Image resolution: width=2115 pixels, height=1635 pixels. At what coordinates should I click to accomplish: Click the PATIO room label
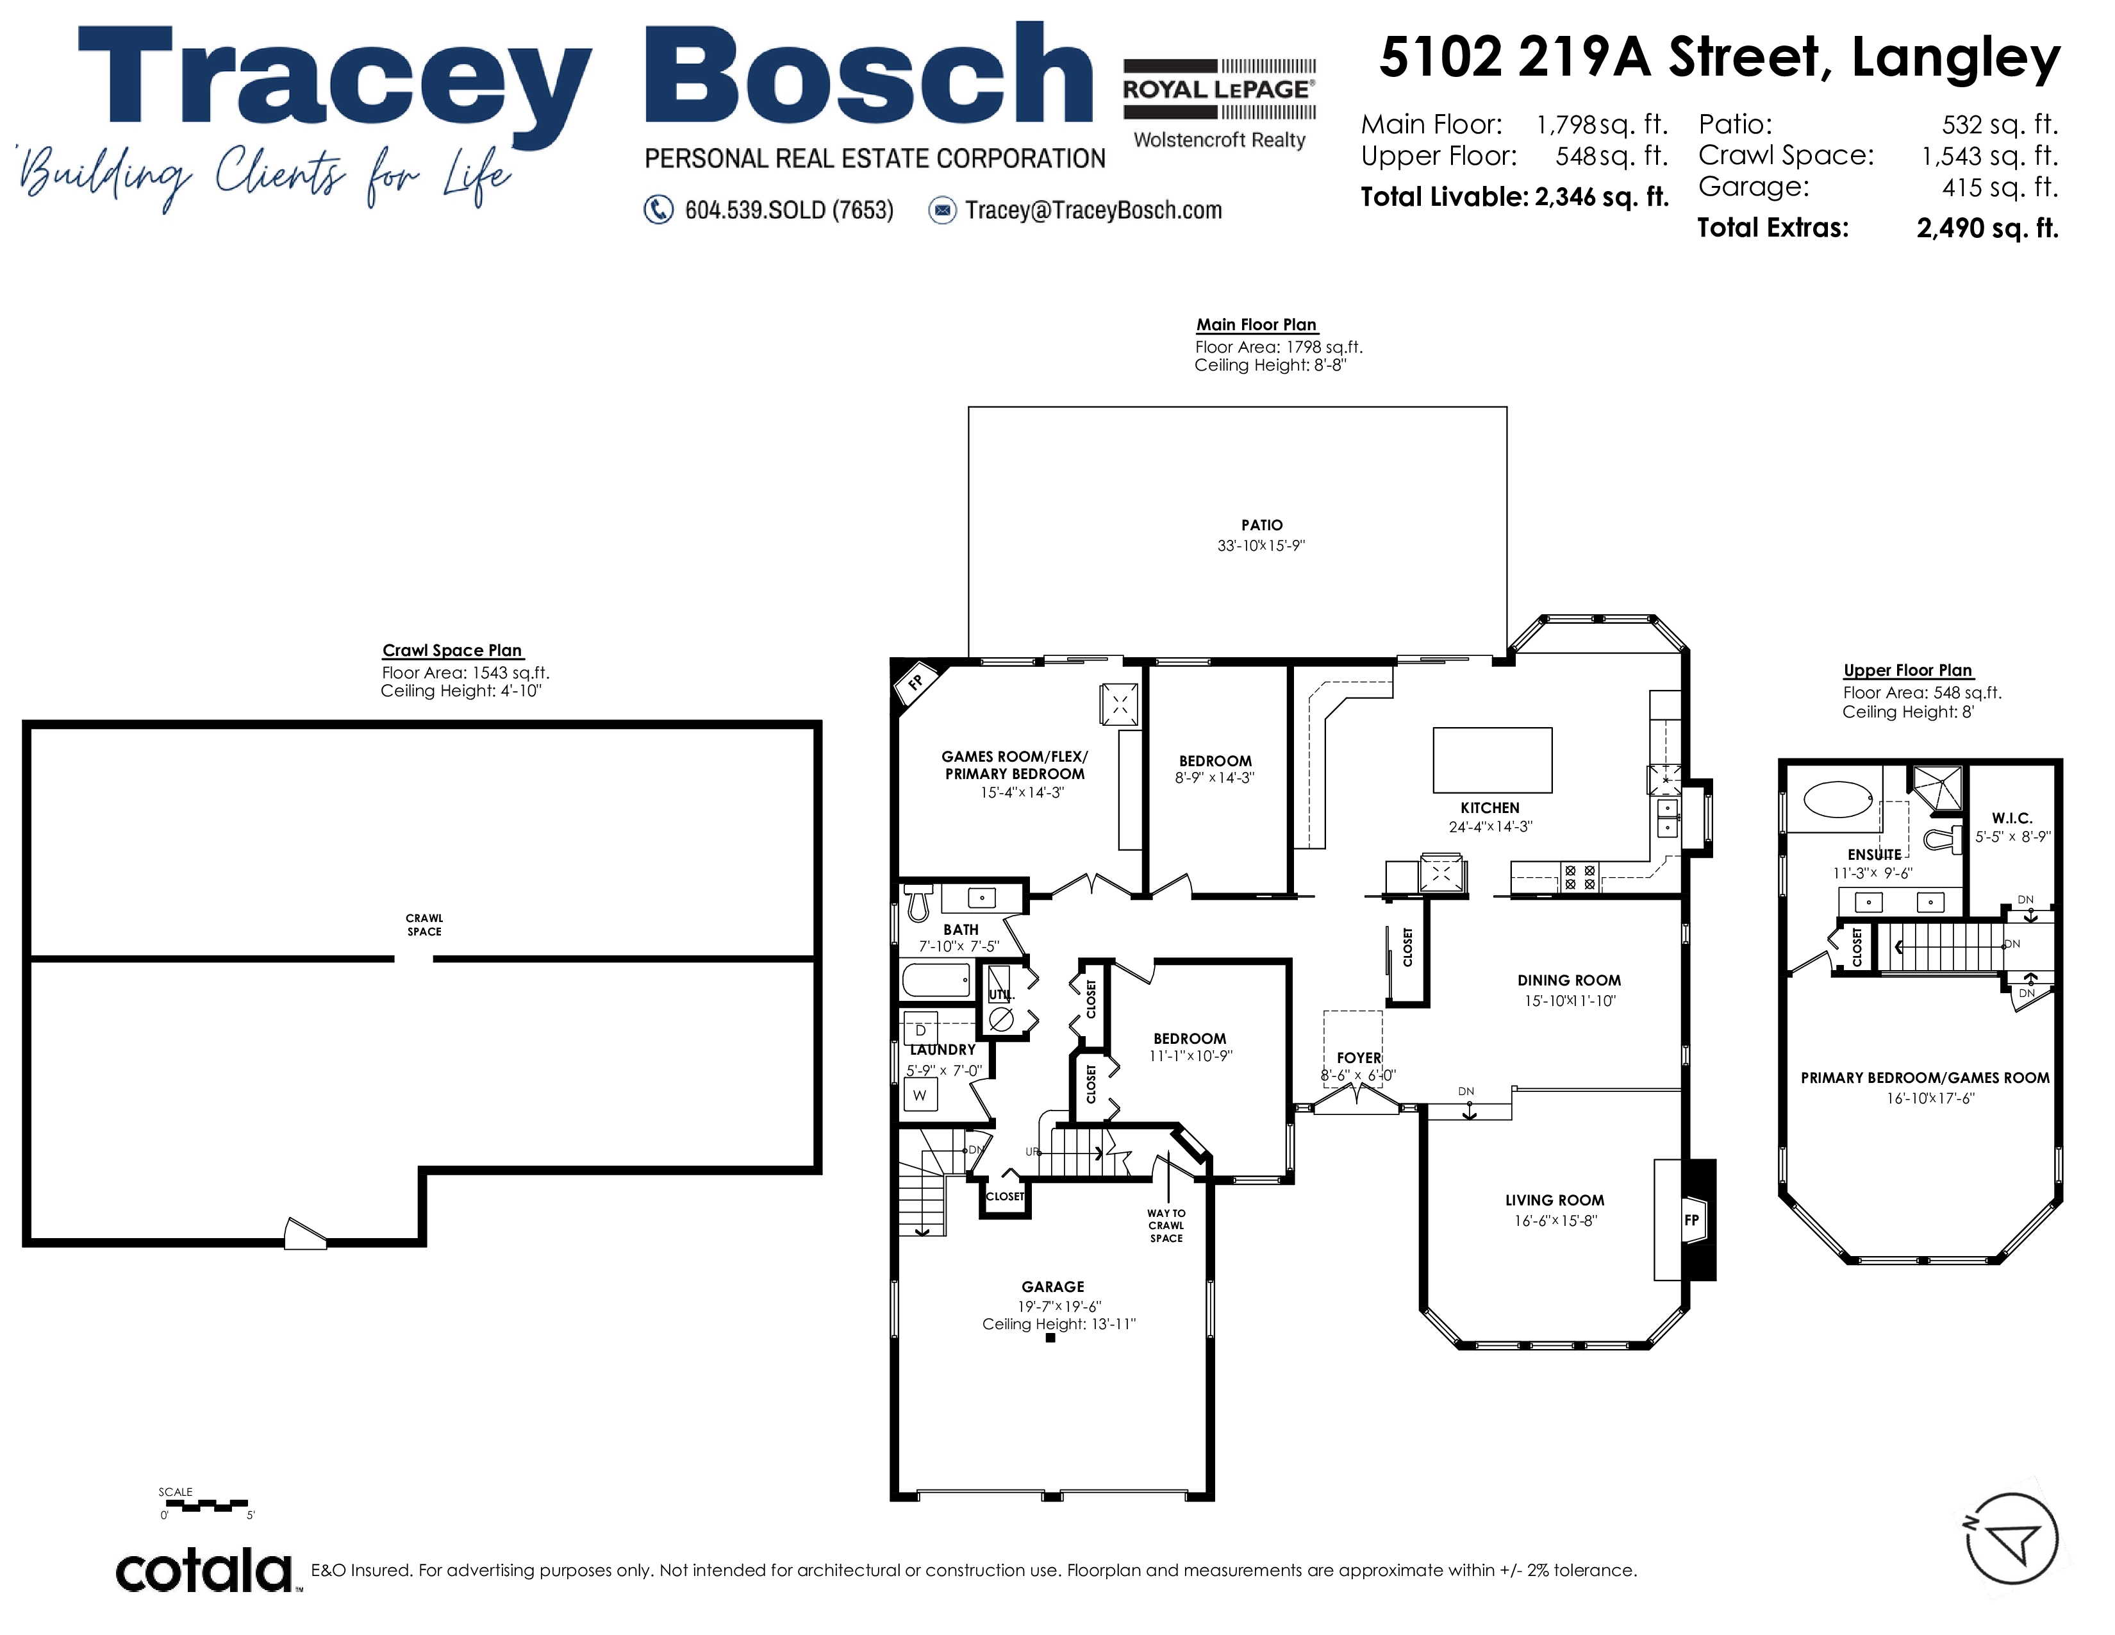click(x=1262, y=525)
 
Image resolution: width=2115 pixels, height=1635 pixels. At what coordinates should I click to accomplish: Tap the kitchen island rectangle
click(x=1492, y=760)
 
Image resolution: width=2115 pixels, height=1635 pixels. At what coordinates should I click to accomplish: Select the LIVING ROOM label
click(x=1554, y=1200)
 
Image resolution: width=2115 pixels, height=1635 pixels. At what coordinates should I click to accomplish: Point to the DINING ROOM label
click(x=1569, y=980)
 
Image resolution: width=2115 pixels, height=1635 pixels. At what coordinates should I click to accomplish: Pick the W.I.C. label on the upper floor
click(x=2012, y=819)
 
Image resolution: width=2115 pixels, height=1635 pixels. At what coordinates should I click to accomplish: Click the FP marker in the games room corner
click(x=914, y=682)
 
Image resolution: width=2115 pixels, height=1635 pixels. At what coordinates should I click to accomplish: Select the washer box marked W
click(x=920, y=1096)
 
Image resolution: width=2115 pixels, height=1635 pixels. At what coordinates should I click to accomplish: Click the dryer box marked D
click(x=920, y=1030)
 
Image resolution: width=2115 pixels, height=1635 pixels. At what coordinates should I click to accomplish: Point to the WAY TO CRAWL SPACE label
click(x=1166, y=1225)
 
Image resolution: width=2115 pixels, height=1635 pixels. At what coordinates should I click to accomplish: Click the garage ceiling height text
click(x=1059, y=1324)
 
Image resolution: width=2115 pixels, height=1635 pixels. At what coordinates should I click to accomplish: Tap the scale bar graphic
click(x=205, y=1505)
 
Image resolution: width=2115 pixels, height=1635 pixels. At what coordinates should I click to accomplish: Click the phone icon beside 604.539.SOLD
click(x=658, y=210)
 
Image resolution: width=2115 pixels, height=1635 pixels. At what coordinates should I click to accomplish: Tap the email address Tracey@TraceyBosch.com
click(x=1093, y=210)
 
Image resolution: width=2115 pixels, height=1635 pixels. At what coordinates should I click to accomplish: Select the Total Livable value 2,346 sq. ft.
click(x=1602, y=197)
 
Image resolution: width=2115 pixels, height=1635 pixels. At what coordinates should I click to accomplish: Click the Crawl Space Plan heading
click(x=452, y=650)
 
